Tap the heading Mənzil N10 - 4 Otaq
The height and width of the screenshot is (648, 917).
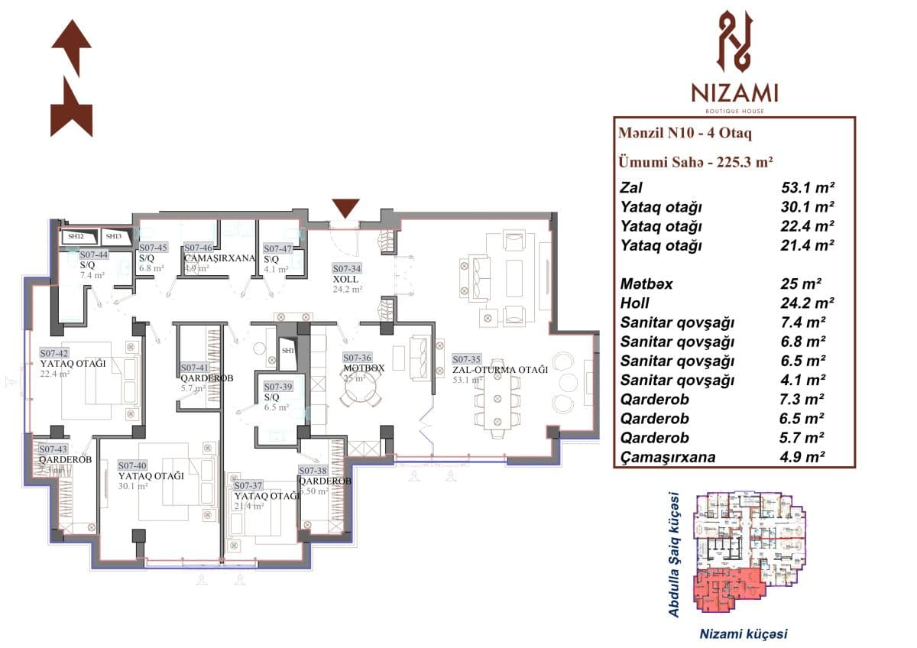685,134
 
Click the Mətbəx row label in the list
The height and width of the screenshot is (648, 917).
646,284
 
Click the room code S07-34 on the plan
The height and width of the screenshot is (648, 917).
346,269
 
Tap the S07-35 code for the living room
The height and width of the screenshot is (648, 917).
467,358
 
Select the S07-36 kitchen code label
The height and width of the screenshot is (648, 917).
357,357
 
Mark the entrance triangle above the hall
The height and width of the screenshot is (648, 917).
345,209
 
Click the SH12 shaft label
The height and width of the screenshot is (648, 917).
75,237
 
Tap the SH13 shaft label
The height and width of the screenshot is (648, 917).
113,237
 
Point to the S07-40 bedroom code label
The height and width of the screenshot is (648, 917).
132,465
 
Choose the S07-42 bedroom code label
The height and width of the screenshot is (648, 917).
54,353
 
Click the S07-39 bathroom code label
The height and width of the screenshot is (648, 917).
278,387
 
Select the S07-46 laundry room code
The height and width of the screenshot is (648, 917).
198,248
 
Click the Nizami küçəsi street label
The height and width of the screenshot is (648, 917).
743,633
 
